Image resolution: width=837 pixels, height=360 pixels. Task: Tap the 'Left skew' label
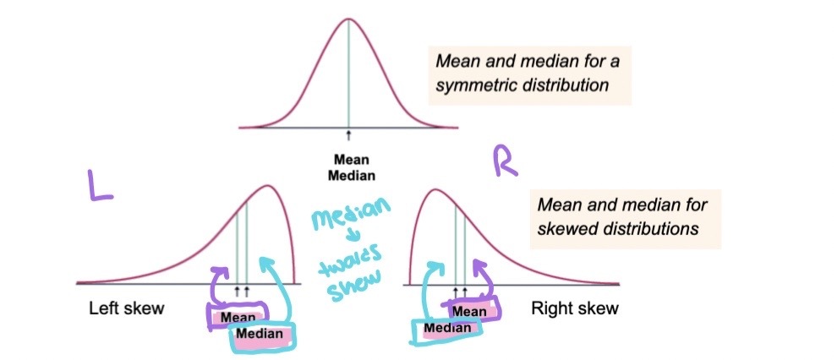126,308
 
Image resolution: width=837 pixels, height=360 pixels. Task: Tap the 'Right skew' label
574,308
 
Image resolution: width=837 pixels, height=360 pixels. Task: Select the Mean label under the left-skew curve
238,317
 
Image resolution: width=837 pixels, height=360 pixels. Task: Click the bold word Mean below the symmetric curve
351,158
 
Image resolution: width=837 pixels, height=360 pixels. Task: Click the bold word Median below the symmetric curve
351,175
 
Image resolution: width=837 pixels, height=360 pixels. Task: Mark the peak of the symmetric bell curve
348,19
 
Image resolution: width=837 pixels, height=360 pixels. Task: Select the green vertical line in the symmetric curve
348,76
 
